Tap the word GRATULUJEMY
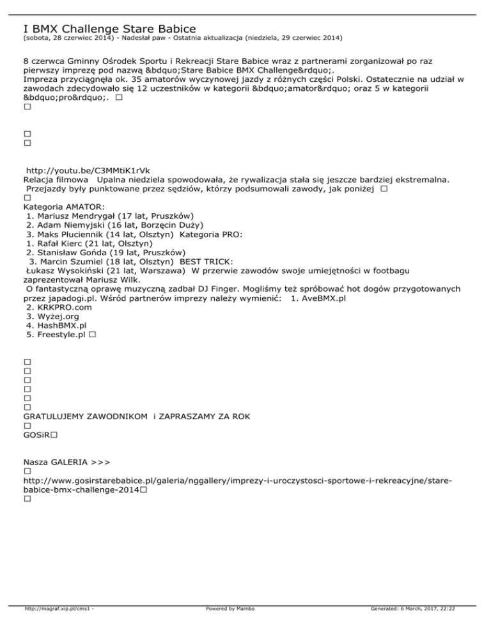[x=54, y=417]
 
